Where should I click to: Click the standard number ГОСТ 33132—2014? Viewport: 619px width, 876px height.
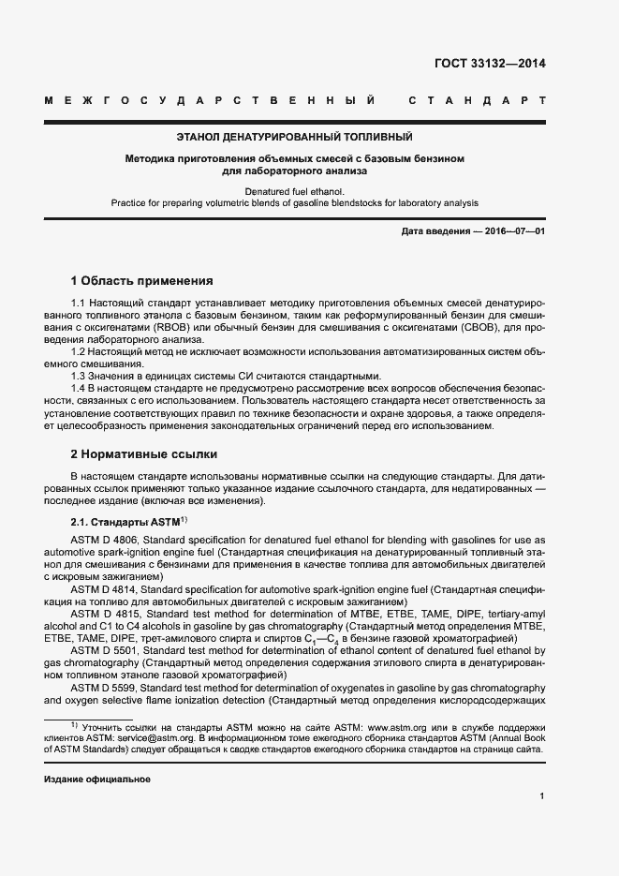[490, 65]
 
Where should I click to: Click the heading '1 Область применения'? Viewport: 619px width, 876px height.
[142, 280]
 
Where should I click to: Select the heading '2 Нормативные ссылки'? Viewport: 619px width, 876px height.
[144, 454]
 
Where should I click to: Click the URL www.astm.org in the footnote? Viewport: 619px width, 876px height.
[402, 726]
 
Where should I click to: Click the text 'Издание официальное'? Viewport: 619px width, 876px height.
[97, 779]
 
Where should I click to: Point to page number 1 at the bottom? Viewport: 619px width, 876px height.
[542, 795]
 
